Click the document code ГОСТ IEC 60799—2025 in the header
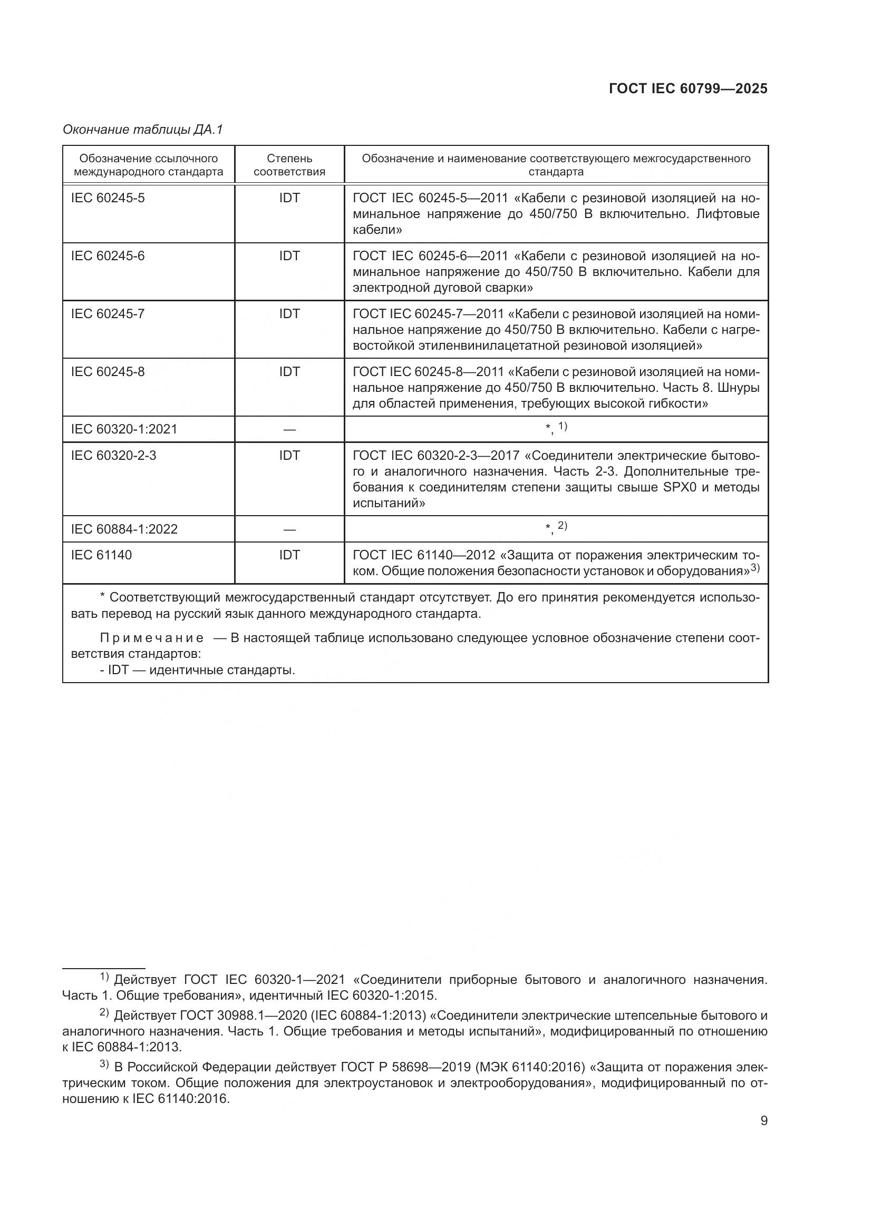pos(688,89)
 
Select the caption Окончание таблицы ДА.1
pos(142,130)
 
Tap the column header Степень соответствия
pos(289,165)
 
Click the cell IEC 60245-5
pos(108,198)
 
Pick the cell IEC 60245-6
pos(108,256)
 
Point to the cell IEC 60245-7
pos(108,314)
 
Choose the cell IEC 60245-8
pos(108,372)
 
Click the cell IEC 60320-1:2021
pos(124,429)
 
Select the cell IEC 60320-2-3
pos(114,456)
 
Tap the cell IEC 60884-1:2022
pos(124,529)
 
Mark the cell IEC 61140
pos(101,555)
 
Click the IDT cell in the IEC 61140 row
pos(289,555)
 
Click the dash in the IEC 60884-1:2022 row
pos(289,529)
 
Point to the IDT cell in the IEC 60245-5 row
pos(289,198)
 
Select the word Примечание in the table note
pos(152,638)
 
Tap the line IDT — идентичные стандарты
pos(197,670)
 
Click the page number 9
pos(764,1120)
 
